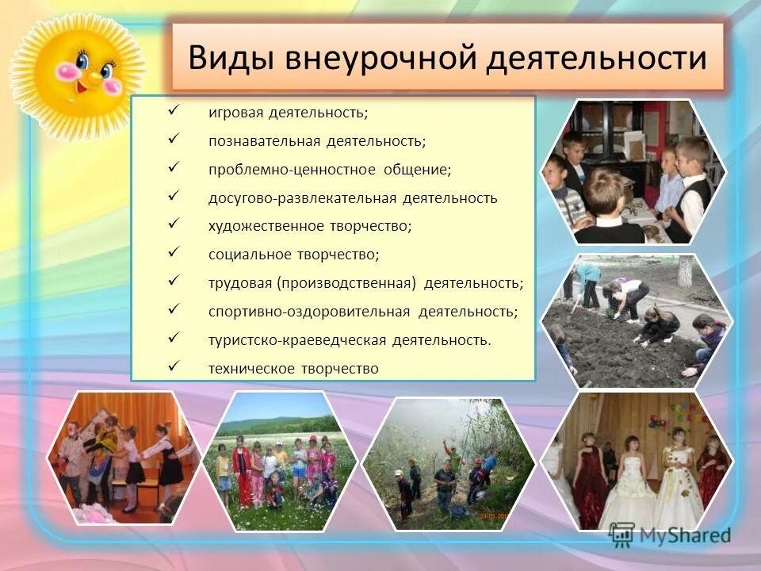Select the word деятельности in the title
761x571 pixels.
[596, 59]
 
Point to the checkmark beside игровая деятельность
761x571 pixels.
[174, 111]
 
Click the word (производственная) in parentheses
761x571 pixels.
[346, 283]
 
